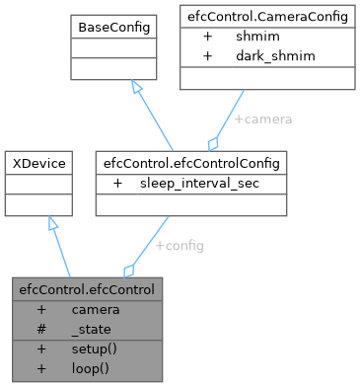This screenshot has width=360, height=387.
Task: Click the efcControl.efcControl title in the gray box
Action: click(84, 291)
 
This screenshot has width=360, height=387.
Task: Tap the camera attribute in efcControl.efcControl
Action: click(96, 310)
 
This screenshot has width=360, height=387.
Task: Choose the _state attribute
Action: click(91, 330)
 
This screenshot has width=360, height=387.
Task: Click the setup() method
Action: click(94, 349)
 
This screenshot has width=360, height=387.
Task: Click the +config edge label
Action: click(180, 246)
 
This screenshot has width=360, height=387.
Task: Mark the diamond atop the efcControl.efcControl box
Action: click(126, 270)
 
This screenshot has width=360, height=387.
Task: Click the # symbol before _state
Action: click(41, 330)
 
